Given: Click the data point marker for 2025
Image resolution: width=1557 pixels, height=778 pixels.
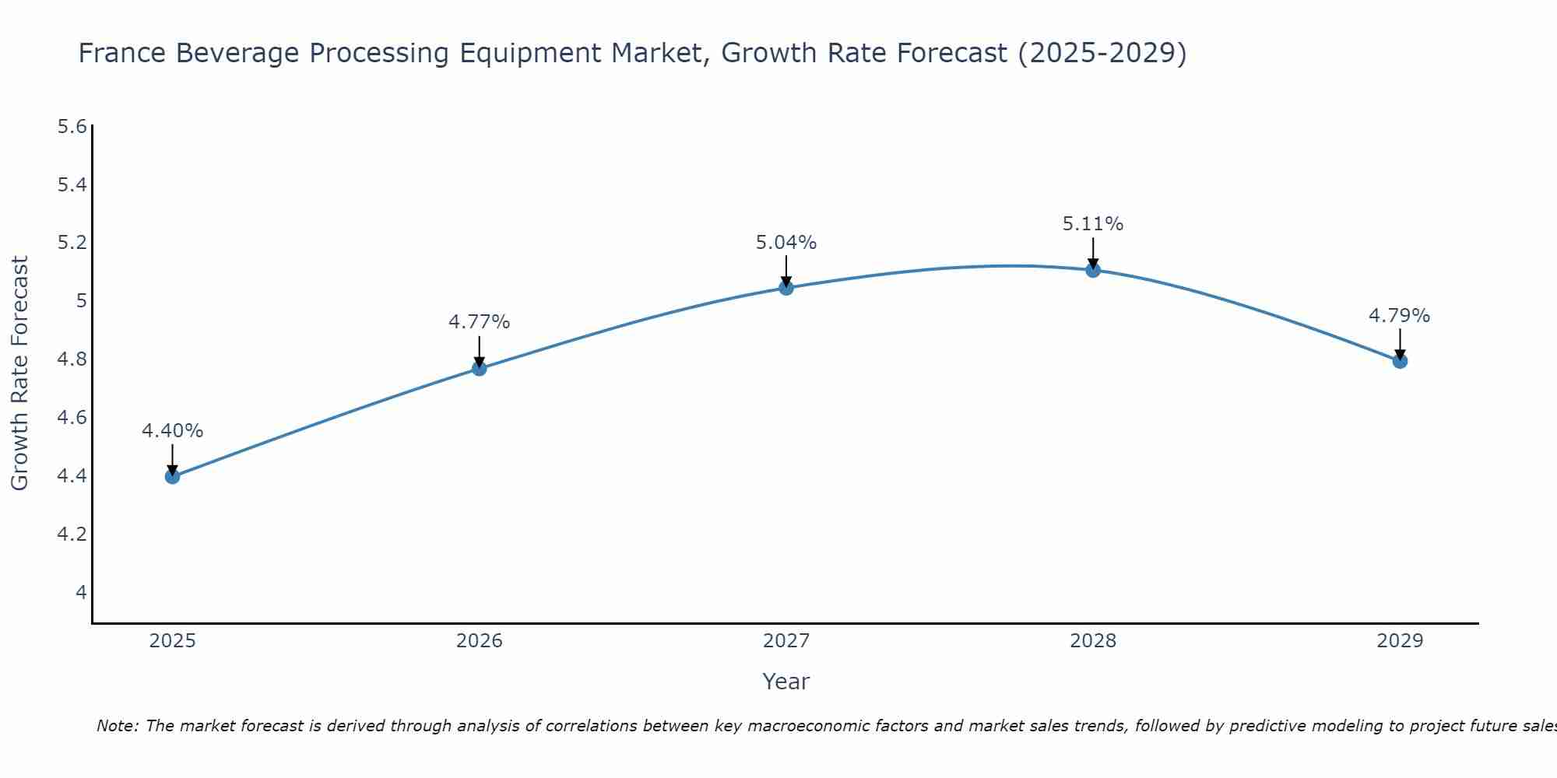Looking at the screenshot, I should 173,476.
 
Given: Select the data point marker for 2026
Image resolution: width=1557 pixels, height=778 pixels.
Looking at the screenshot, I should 480,368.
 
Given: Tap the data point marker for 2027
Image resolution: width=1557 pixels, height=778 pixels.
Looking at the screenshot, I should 786,288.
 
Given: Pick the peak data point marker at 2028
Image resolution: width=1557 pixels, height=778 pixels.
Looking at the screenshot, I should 1093,270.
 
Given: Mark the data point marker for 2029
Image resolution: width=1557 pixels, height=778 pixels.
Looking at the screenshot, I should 1400,361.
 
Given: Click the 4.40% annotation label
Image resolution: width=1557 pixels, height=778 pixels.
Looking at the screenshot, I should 173,431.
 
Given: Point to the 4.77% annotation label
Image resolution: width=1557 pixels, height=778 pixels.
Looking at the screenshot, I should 480,322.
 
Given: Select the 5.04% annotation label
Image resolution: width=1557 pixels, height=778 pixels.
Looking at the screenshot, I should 786,243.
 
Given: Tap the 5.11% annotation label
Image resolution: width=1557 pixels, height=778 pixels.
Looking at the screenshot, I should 1093,224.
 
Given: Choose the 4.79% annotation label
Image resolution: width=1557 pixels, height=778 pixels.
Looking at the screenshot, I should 1400,316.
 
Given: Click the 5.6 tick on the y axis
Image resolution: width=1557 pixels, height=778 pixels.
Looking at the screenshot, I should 72,127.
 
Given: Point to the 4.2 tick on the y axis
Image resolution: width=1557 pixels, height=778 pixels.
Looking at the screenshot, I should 72,534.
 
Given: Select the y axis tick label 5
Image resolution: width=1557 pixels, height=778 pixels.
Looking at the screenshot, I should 81,301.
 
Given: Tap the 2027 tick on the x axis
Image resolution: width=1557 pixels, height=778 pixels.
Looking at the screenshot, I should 786,641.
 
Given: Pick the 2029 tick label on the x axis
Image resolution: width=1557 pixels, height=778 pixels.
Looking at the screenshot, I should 1400,641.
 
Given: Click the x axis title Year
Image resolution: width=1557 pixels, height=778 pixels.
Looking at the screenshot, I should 786,682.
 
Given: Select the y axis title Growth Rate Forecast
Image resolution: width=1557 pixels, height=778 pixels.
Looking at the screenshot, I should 20,373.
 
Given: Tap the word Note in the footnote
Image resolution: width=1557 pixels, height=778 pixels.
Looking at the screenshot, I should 117,726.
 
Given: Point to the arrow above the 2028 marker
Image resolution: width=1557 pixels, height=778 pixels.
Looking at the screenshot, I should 1093,252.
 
